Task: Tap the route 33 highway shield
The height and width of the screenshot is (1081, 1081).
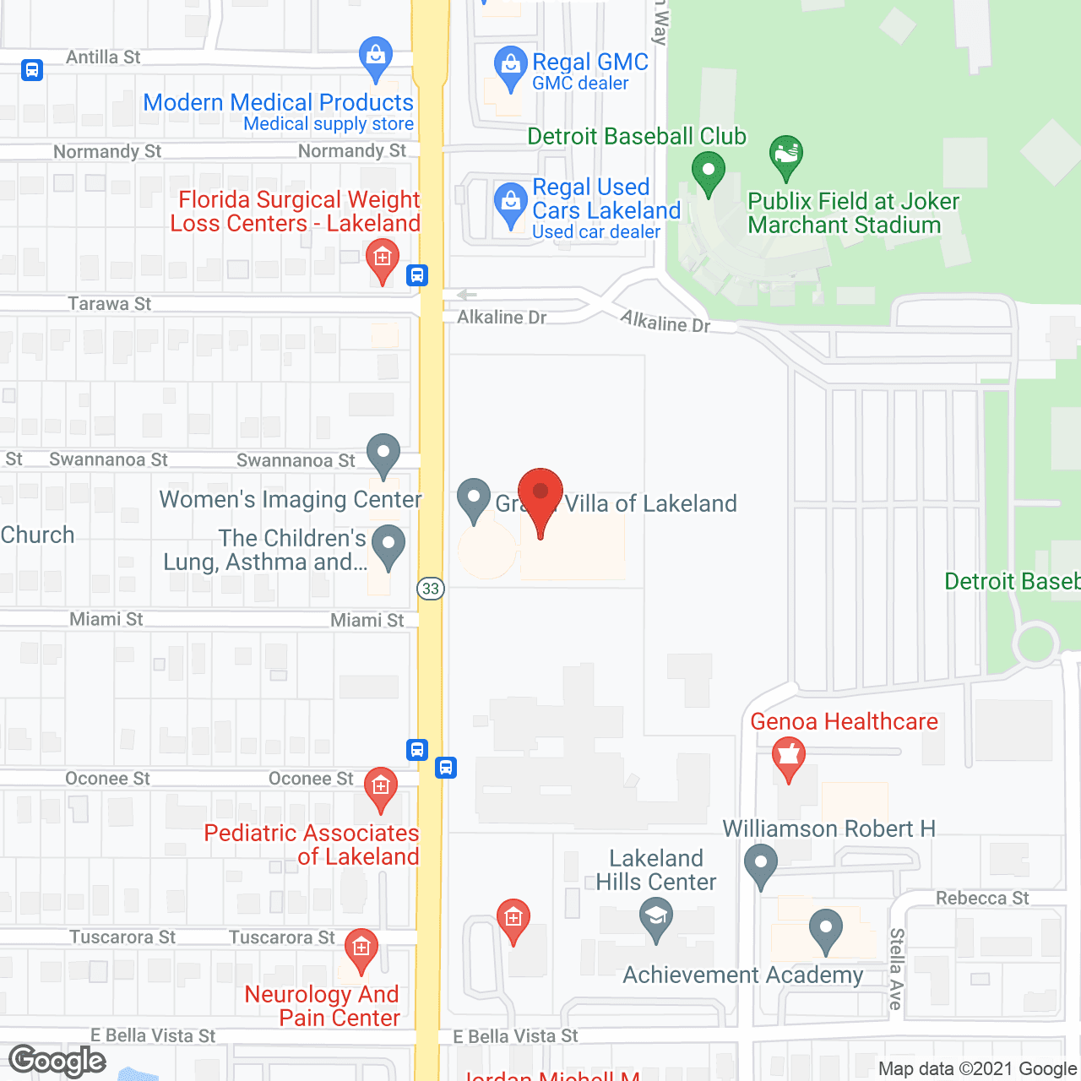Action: pyautogui.click(x=431, y=589)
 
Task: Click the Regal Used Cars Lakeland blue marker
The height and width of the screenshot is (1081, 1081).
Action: pyautogui.click(x=510, y=203)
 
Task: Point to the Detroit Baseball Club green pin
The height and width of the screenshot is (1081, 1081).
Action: pyautogui.click(x=708, y=171)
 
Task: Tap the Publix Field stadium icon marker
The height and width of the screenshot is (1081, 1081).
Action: pyautogui.click(x=786, y=155)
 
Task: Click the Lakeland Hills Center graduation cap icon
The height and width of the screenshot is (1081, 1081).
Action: pyautogui.click(x=656, y=917)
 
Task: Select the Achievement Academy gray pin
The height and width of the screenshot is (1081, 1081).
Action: pyautogui.click(x=825, y=929)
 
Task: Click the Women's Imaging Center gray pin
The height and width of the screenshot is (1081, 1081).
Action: pyautogui.click(x=383, y=453)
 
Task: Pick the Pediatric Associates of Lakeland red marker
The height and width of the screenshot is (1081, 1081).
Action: pyautogui.click(x=381, y=787)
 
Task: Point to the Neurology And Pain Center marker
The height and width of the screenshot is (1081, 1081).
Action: pyautogui.click(x=361, y=949)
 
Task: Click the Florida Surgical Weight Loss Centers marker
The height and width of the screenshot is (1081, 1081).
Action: pyautogui.click(x=383, y=258)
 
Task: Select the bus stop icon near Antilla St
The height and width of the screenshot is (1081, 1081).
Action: pyautogui.click(x=32, y=69)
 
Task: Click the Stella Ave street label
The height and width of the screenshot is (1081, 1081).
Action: pyautogui.click(x=896, y=969)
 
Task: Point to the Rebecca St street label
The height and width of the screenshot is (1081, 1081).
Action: pyautogui.click(x=982, y=898)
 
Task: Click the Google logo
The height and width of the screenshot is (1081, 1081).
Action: pyautogui.click(x=57, y=1061)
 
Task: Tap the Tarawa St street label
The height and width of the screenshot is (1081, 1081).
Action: pyautogui.click(x=110, y=304)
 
